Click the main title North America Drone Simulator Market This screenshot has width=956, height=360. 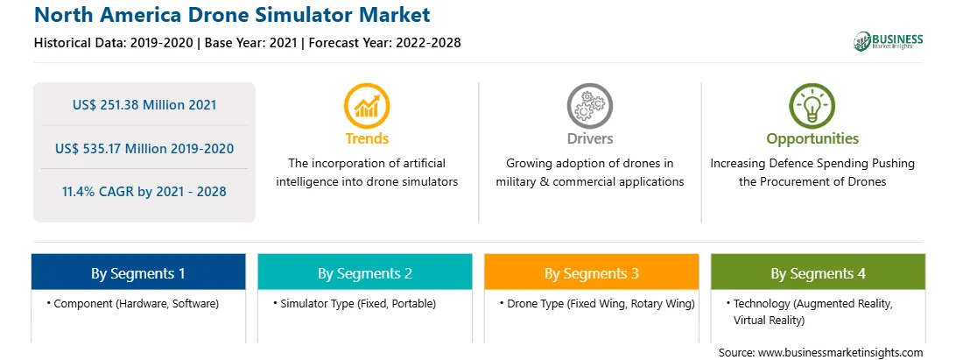point(232,15)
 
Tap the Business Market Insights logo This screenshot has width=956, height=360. point(888,41)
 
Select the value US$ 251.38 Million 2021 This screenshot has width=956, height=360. point(144,104)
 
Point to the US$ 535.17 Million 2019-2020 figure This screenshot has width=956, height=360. point(144,148)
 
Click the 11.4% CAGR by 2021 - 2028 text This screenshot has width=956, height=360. point(144,192)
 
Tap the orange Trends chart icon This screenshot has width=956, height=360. point(367,106)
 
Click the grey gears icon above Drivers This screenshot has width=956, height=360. point(589,106)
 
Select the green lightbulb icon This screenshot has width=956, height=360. point(812,106)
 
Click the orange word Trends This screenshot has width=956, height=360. point(367,138)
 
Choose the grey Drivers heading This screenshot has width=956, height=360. point(589,138)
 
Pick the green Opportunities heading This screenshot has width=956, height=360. point(812,139)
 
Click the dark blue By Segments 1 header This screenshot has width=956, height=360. point(138,272)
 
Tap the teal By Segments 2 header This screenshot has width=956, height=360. point(365,272)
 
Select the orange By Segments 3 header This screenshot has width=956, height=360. point(592,272)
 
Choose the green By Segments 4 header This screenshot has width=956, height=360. point(819,272)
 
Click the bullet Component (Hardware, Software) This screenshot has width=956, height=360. point(133,303)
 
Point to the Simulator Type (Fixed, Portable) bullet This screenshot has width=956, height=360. point(355,303)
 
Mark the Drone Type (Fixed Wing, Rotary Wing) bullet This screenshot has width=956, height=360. point(597,303)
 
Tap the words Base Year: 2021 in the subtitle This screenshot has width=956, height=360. point(250,43)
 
